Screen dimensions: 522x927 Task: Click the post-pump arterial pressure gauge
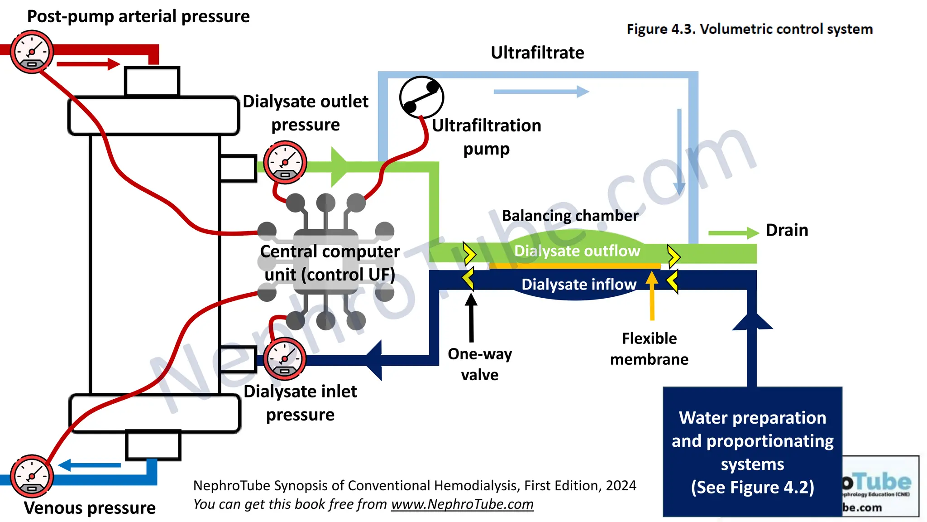tap(32, 52)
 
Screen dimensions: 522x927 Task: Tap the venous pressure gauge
tap(32, 476)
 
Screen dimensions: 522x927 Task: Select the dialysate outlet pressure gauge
tap(285, 162)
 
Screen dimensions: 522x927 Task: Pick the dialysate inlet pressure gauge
tap(285, 359)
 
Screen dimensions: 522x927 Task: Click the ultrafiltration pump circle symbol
tap(421, 97)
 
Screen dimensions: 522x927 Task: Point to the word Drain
tap(787, 230)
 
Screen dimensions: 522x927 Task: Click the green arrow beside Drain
tap(733, 233)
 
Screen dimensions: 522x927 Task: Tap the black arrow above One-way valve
tap(471, 317)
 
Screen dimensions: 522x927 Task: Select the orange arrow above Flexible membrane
tap(652, 295)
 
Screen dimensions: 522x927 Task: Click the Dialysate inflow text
tap(578, 285)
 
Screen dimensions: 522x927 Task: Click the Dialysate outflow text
tap(577, 251)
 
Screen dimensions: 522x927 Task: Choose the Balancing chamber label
tap(570, 216)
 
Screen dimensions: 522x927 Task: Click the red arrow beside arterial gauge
tap(88, 64)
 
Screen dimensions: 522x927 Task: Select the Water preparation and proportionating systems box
tap(752, 451)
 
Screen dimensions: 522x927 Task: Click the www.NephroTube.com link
tap(462, 504)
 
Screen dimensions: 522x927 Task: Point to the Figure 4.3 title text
tap(750, 29)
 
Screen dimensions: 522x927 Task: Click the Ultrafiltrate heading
tap(537, 53)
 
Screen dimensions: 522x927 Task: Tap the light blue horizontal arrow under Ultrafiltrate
tap(541, 92)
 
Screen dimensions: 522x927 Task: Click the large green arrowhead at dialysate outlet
tap(339, 167)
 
